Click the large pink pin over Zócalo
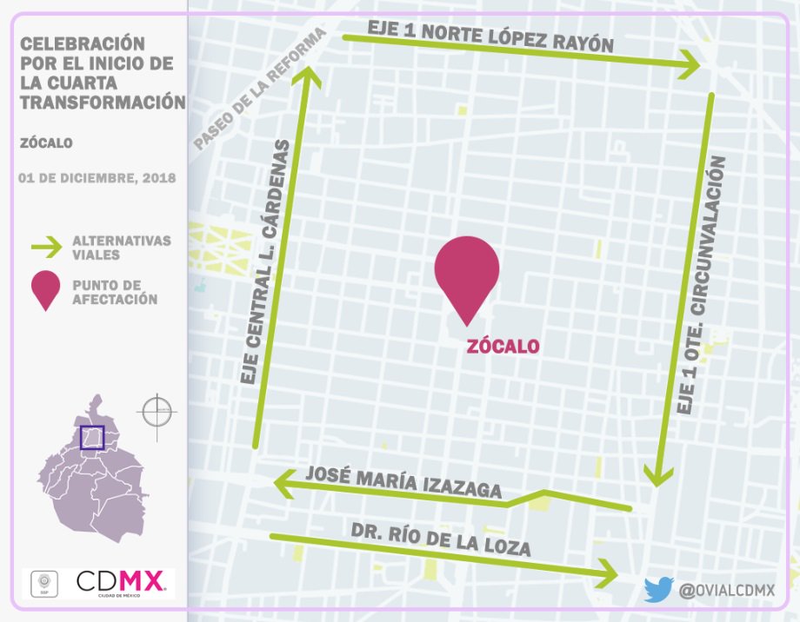pos(467,271)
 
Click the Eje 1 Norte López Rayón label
pos(490,37)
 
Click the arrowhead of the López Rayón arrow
pos(692,62)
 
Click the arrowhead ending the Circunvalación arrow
pos(657,476)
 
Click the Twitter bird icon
pos(658,590)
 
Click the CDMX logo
pos(121,582)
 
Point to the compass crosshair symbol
pos(157,410)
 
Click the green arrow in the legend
pos(46,248)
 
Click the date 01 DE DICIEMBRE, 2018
pos(97,178)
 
